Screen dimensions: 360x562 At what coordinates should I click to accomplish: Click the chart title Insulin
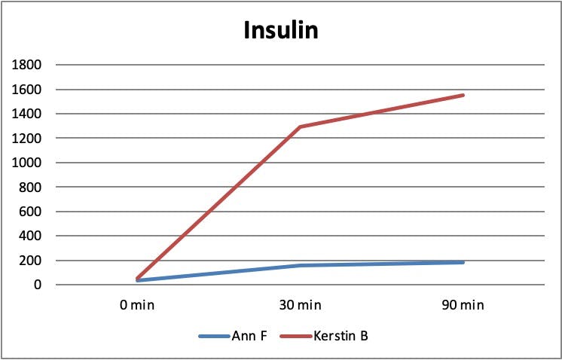point(280,31)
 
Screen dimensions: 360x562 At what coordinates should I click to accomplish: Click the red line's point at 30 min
point(300,127)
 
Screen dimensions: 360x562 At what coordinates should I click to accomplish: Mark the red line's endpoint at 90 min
point(463,95)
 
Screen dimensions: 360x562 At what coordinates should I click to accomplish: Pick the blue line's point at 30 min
point(300,265)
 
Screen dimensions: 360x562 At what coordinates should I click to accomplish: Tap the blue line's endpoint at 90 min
point(463,262)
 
